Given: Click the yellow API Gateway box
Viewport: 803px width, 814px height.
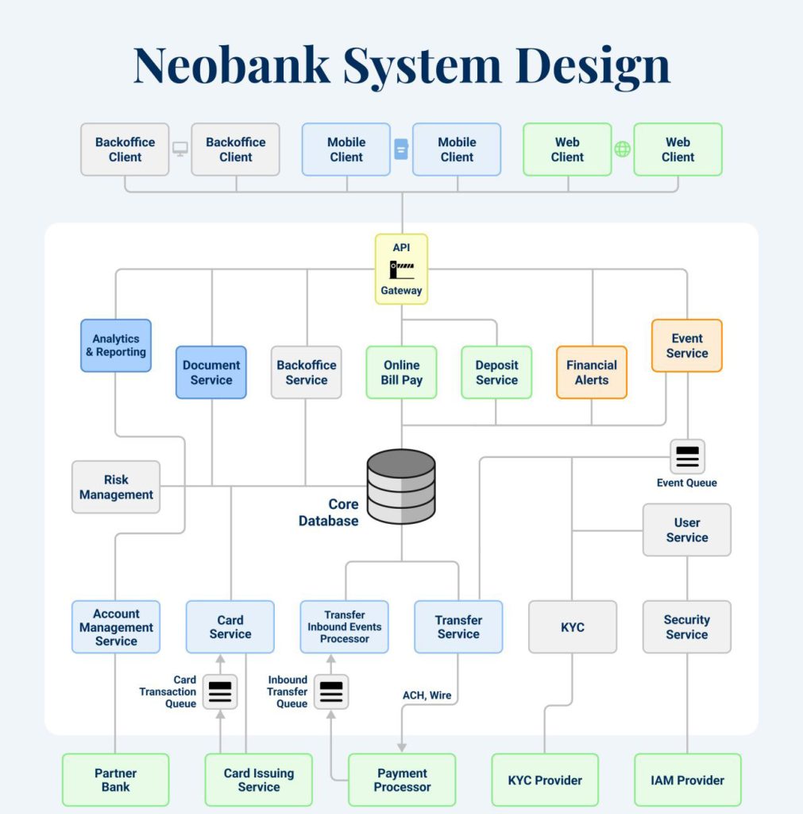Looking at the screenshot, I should point(401,269).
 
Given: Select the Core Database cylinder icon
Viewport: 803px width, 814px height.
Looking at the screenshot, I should point(401,486).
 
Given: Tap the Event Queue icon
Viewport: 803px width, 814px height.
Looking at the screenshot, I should point(687,456).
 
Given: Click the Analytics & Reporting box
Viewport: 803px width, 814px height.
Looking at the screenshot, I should point(116,346).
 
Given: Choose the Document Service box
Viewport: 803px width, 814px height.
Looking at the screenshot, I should point(211,372).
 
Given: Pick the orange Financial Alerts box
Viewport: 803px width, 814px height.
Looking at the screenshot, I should point(592,372).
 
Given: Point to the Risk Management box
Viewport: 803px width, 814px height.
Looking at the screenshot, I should point(116,486).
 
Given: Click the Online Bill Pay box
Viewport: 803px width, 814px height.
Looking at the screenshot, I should point(401,372).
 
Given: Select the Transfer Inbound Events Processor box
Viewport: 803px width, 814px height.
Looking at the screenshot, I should point(345,626).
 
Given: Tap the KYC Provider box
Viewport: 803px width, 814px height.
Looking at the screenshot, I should point(545,780).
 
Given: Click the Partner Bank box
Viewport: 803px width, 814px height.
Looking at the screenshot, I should point(116,780).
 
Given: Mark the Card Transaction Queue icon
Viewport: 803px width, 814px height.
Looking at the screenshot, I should point(220,692).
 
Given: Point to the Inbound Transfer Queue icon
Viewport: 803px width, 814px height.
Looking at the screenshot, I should point(330,692).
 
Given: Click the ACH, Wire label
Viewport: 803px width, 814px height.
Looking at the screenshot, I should point(427,696).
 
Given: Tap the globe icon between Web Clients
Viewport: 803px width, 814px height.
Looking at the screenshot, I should point(623,149).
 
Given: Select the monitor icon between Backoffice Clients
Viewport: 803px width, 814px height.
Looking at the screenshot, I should point(180,149).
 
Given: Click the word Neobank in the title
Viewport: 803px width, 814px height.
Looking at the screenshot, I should point(231,65).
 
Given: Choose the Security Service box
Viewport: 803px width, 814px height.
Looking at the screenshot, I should point(687,626).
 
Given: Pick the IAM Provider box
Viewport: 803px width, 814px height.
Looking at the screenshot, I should point(687,780).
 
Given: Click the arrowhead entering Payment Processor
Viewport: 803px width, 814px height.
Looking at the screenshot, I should point(402,747).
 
